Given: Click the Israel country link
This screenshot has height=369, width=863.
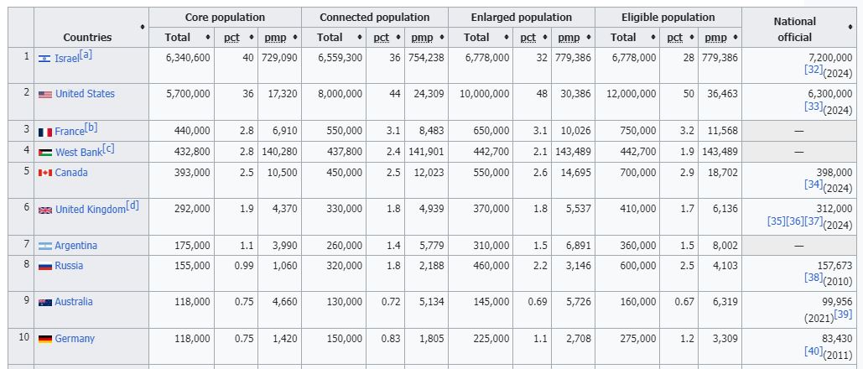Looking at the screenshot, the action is (67, 59).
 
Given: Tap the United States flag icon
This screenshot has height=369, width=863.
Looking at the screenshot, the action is (45, 94).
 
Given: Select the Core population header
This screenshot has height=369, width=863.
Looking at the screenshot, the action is (225, 17).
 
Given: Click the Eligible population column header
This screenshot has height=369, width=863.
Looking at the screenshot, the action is (668, 17).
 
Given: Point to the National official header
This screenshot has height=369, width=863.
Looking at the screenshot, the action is (794, 29).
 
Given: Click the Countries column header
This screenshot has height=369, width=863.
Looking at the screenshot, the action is (87, 38).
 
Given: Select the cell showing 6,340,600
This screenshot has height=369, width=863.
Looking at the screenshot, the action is (188, 57).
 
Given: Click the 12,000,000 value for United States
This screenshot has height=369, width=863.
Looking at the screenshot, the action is (632, 94).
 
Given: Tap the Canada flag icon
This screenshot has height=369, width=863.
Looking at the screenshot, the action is (45, 173).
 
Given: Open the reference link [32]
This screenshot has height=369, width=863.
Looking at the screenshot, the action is (813, 70).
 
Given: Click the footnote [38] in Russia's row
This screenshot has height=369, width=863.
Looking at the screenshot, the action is (813, 278).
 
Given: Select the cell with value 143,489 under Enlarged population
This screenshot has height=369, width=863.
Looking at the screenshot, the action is (573, 152).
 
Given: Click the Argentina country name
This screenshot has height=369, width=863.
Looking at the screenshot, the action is (76, 246).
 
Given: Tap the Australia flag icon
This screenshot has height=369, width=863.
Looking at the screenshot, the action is (45, 303).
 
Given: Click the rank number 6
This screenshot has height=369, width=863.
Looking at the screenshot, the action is (26, 207).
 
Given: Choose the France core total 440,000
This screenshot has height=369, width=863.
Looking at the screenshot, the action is (192, 131).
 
